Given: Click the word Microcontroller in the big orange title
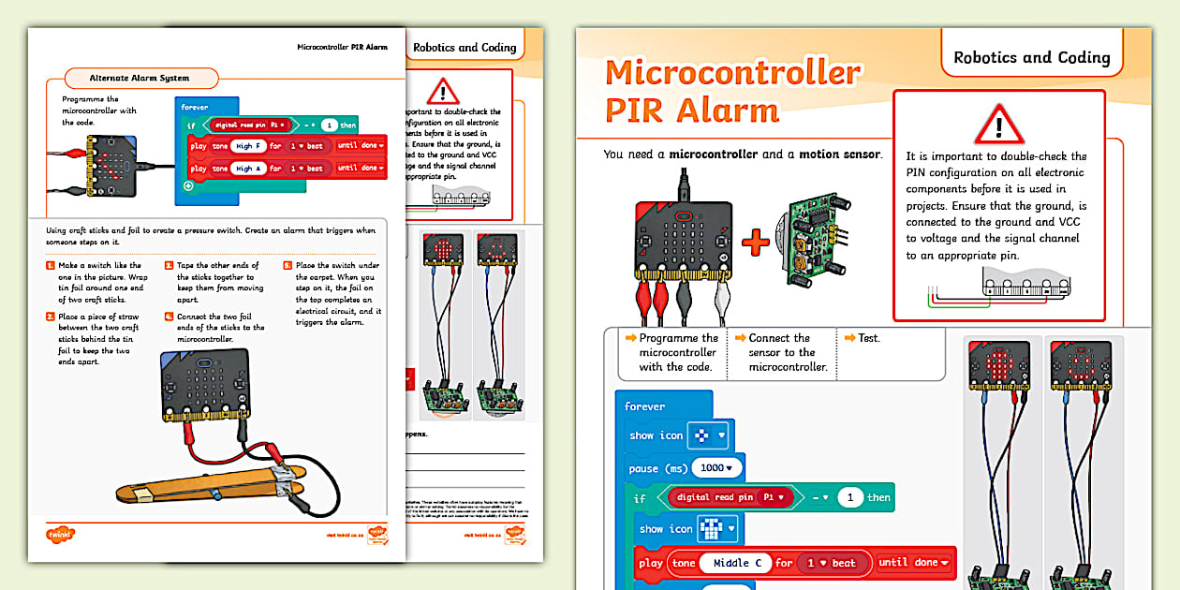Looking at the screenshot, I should coord(732,72).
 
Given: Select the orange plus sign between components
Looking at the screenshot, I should coord(755,243).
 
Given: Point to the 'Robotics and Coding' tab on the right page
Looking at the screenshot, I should coord(1031,57).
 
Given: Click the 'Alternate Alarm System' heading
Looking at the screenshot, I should coord(139,78).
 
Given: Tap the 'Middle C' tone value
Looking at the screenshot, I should coord(730,563).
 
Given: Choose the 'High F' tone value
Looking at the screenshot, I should coord(248,146).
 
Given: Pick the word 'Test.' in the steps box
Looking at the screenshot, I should coord(868,338).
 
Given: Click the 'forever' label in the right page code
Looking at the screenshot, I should coord(644,406).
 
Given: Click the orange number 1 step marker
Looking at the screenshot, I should coord(51,266).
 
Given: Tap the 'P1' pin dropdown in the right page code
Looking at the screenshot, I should coord(775,497).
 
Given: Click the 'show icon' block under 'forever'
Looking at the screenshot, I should coord(656,435).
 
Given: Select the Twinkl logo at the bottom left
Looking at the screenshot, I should coord(60,535).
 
